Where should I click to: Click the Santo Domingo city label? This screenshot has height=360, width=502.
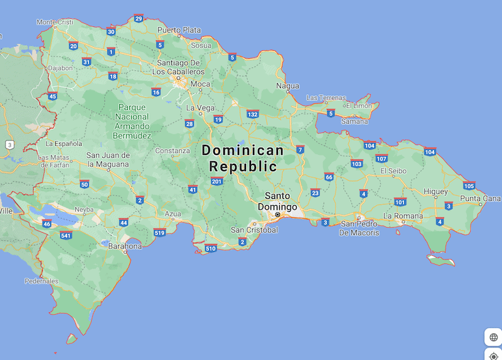(280, 201)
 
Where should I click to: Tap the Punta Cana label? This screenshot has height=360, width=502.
(479, 199)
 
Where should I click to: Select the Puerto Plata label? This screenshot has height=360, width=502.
(179, 30)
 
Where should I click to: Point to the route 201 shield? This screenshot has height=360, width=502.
(216, 181)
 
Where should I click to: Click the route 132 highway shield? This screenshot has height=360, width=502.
(252, 114)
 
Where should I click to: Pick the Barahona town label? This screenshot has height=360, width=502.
(125, 246)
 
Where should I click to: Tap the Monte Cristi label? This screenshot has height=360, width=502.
(55, 22)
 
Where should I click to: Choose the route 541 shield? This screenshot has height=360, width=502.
(66, 235)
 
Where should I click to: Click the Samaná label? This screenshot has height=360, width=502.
(355, 122)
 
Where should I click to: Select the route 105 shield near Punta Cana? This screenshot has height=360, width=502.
(469, 186)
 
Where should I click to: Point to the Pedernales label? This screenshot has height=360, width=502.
(41, 282)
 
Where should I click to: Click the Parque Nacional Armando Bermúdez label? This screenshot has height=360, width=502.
(132, 121)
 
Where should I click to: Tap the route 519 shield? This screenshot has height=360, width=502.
(159, 233)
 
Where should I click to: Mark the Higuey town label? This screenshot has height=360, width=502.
(435, 191)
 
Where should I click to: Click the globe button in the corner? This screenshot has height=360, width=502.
(493, 337)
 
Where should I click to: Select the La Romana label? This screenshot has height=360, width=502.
(404, 216)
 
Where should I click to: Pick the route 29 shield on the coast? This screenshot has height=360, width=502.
(138, 18)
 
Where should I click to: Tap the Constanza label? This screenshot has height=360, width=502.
(173, 151)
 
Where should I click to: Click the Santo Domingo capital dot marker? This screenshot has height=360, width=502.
(277, 214)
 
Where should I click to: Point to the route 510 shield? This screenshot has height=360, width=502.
(211, 248)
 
